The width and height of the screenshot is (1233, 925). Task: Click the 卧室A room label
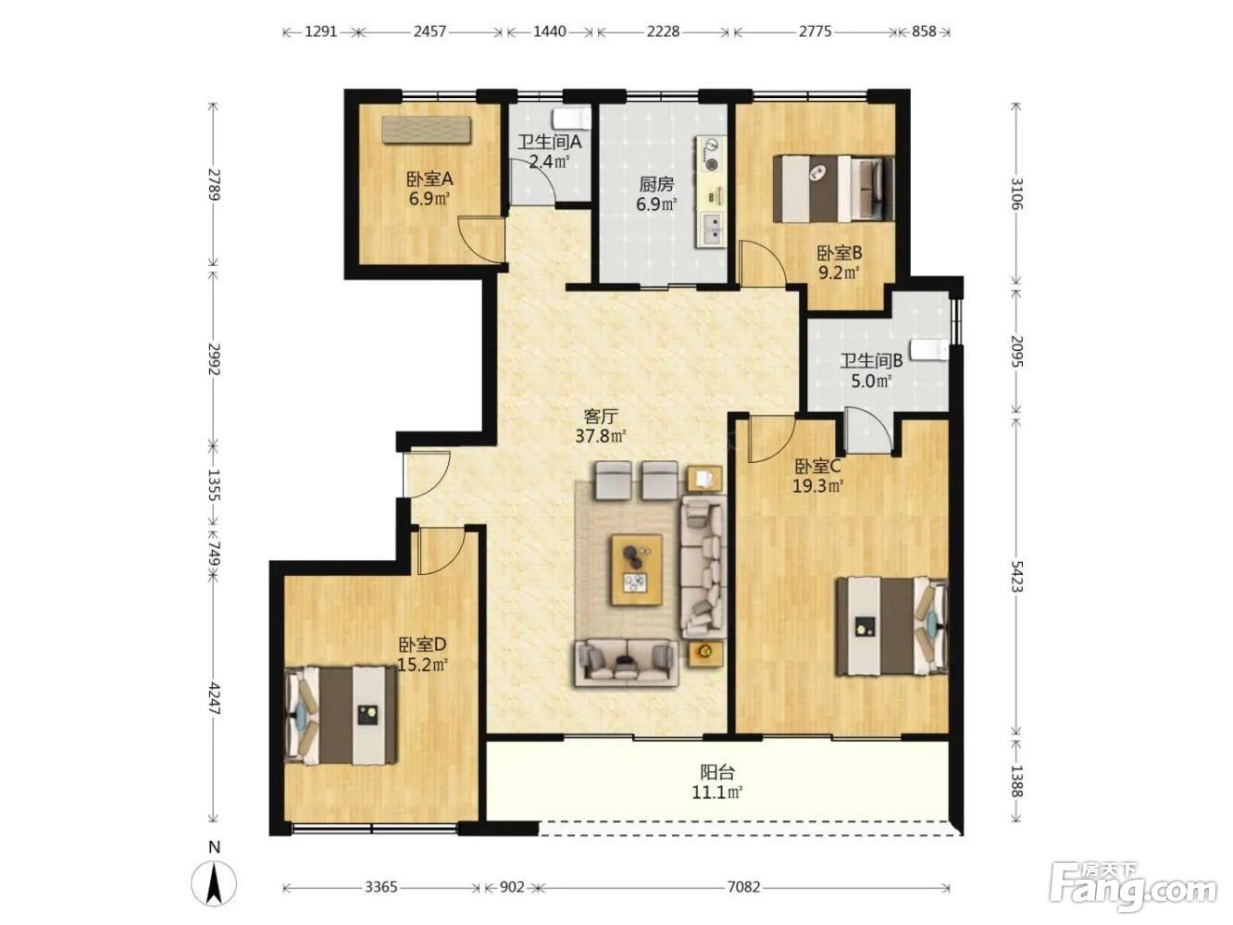(430, 179)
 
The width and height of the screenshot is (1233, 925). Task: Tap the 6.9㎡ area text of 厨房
(656, 204)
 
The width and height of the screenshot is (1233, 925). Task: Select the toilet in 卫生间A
(571, 119)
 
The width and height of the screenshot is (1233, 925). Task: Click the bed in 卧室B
(833, 189)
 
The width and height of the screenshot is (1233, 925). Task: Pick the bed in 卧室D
(341, 715)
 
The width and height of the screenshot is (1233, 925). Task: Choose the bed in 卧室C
(892, 626)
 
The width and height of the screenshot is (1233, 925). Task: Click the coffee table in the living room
(637, 570)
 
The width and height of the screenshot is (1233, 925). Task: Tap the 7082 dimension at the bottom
(743, 887)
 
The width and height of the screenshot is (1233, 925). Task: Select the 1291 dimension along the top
(321, 31)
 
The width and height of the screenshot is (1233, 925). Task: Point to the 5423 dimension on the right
(1016, 575)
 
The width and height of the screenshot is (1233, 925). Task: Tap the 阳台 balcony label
(717, 773)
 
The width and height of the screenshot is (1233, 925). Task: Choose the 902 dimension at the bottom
(512, 887)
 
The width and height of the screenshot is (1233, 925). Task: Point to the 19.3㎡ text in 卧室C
(818, 486)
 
